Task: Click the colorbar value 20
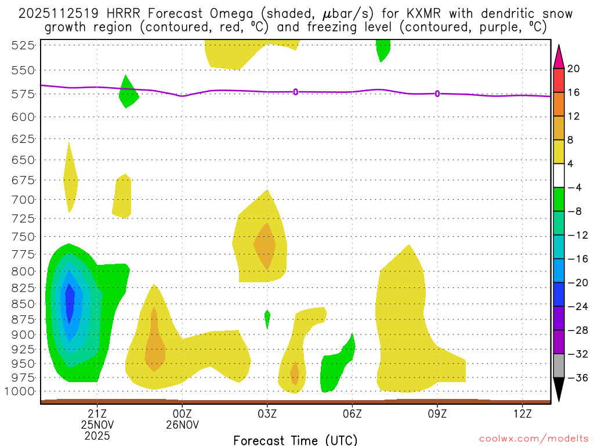coord(574,69)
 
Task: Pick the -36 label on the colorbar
coord(574,377)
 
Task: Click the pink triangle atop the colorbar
coord(559,56)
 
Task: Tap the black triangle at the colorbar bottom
coord(559,389)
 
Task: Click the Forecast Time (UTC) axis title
coord(295,440)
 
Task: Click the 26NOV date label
coord(182,425)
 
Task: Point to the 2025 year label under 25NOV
coord(97,435)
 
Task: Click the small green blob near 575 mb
coord(127,93)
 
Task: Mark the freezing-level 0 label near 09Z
coord(437,93)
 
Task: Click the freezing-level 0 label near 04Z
coord(296,92)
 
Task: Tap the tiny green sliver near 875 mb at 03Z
coord(267,318)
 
